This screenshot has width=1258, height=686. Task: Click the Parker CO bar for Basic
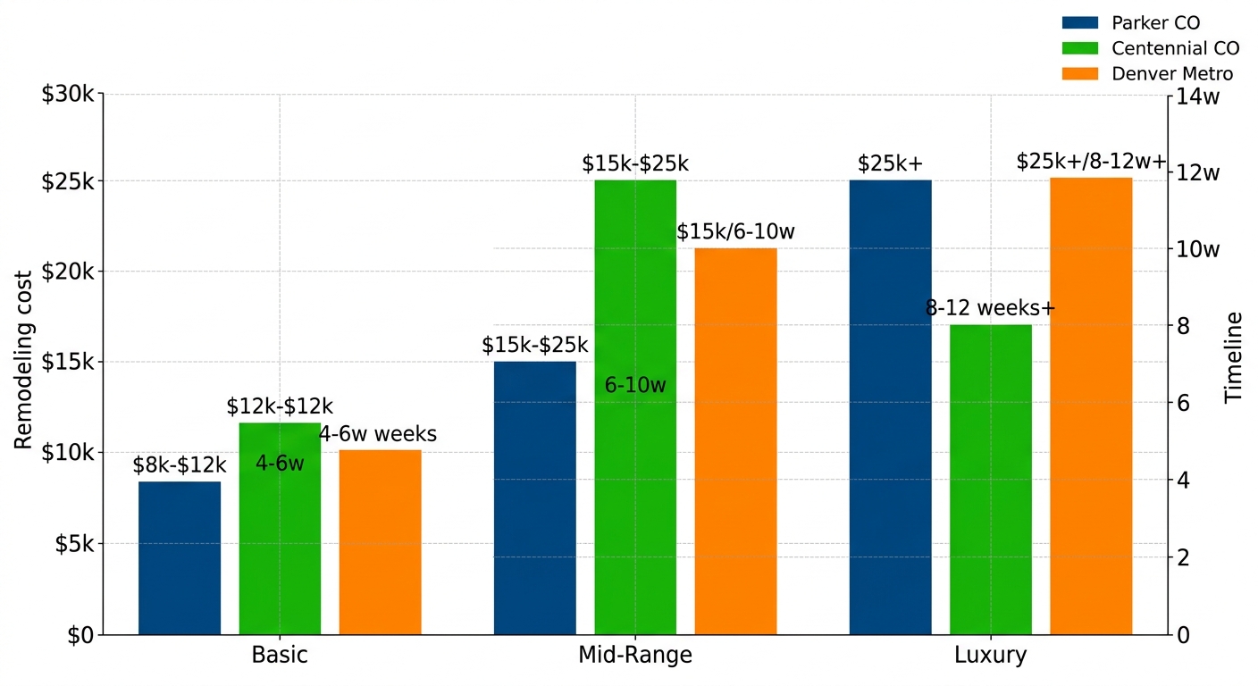pos(180,558)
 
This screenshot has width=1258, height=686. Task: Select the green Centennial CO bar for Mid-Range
pos(635,407)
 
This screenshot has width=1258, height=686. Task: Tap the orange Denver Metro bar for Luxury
pos(1091,406)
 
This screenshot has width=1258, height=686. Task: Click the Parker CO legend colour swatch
pos(1079,23)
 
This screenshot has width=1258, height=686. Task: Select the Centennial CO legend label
pos(1175,48)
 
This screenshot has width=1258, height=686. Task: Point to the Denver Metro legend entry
pos(1172,74)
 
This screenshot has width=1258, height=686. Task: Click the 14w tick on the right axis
pos(1198,96)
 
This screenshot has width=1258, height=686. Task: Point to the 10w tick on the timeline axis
pos(1198,249)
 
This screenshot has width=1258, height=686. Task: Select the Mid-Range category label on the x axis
pos(635,656)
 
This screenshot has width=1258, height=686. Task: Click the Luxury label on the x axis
pos(991,656)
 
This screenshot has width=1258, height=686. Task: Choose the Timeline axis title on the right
pos(1234,357)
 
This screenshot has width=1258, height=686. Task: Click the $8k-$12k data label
pos(180,464)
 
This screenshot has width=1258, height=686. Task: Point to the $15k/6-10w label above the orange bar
pos(735,232)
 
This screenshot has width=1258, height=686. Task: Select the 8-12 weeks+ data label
pos(991,308)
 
